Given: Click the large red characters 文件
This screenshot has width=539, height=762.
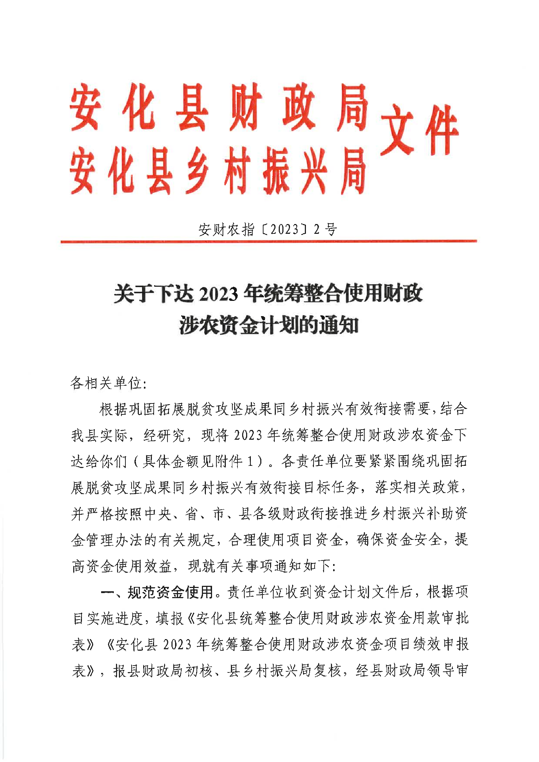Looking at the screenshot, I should (x=419, y=129).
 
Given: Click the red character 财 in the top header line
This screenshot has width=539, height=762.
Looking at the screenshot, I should (x=245, y=107).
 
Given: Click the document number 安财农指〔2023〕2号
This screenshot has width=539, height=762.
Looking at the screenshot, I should (x=268, y=229).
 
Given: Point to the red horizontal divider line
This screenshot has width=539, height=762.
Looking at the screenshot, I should (x=268, y=241).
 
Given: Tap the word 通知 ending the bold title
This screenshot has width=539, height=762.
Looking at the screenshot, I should (x=339, y=325).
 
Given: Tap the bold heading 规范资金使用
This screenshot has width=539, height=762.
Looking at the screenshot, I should (x=170, y=592).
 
